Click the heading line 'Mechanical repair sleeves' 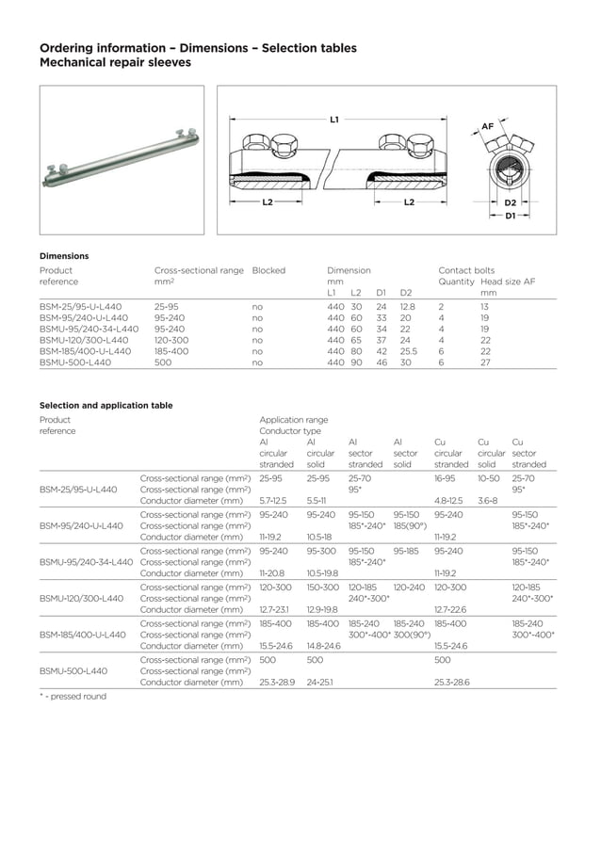pos(115,63)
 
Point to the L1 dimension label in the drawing pos(334,120)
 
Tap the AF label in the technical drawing pos(487,125)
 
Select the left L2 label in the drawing pos(268,202)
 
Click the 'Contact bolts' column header pos(466,270)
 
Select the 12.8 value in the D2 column pos(407,307)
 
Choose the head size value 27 pos(484,362)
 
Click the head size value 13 pos(484,307)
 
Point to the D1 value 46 pos(382,362)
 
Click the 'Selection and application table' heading pos(106,406)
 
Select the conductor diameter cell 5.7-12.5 pos(273,501)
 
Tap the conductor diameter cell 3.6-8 pos(487,501)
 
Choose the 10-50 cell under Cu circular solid pos(489,478)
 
